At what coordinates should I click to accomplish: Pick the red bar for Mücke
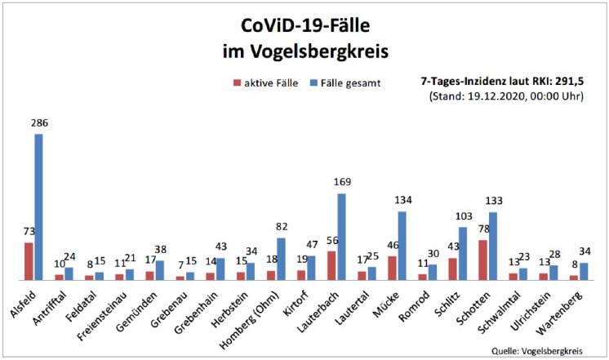pos(393,268)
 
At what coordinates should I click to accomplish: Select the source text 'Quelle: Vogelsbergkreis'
pos(536,350)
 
